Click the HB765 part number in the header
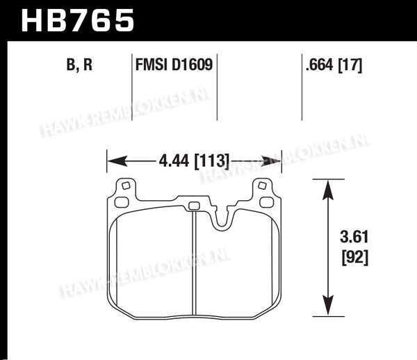pyautogui.click(x=78, y=20)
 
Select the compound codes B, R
pyautogui.click(x=79, y=65)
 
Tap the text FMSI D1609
pyautogui.click(x=174, y=65)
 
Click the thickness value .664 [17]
pyautogui.click(x=334, y=65)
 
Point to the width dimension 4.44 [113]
pyautogui.click(x=194, y=161)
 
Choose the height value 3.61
pyautogui.click(x=354, y=237)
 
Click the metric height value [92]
pyautogui.click(x=355, y=258)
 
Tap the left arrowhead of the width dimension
pyautogui.click(x=117, y=161)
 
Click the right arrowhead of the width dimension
pyautogui.click(x=272, y=161)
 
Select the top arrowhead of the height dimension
pyautogui.click(x=328, y=190)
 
